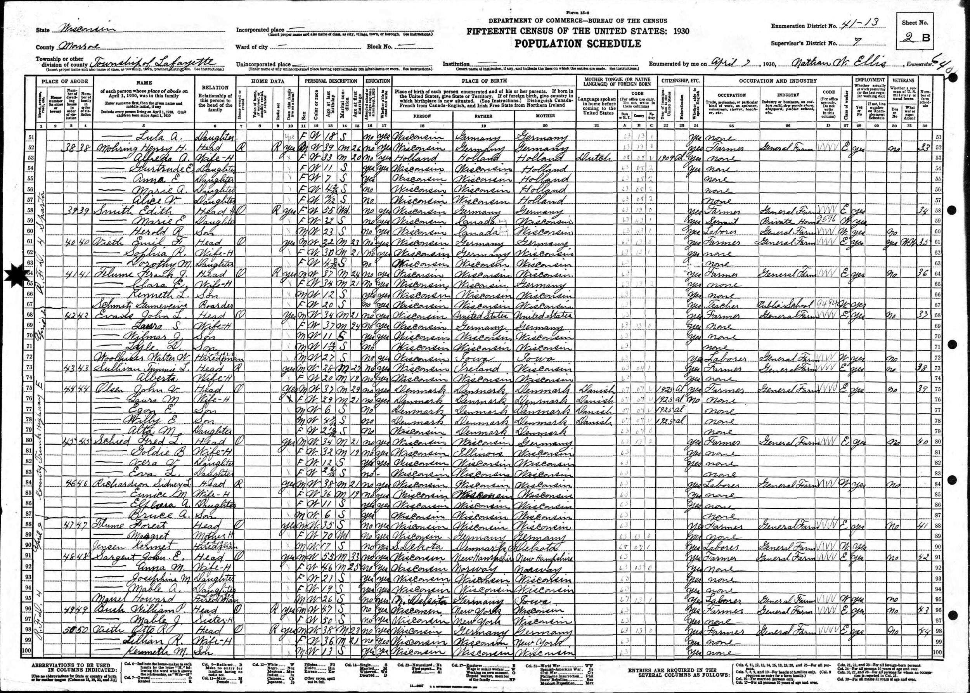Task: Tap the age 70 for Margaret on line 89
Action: point(329,536)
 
